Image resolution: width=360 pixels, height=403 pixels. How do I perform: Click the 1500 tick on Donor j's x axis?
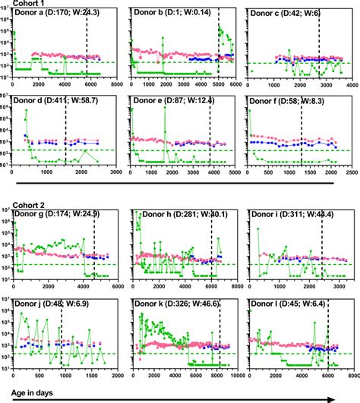pyautogui.click(x=94, y=376)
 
